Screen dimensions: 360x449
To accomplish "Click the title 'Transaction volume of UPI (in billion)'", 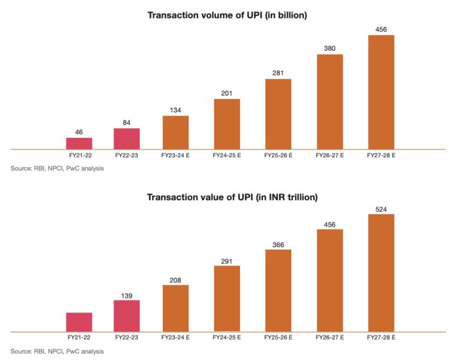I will (227, 15).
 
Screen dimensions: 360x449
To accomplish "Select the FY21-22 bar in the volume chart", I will (79, 143).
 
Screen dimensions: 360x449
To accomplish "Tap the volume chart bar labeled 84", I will (126, 139).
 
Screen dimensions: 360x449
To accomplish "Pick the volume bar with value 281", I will (278, 114).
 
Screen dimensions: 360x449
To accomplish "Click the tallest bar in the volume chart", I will (381, 92).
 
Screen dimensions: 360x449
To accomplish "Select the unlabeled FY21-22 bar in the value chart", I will (79, 322).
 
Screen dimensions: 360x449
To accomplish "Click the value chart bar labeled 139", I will (126, 316).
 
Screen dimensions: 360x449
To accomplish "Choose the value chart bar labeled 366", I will (278, 290).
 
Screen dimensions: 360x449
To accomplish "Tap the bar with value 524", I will (381, 273).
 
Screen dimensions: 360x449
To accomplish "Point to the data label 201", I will (227, 92).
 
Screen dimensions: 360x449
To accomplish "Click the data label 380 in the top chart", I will (330, 47).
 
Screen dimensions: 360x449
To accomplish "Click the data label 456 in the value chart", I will (330, 223).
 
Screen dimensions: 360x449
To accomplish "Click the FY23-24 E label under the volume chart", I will (176, 155).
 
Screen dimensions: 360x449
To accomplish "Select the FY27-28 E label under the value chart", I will (381, 338).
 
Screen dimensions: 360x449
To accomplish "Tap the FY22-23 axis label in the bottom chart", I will (126, 338).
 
